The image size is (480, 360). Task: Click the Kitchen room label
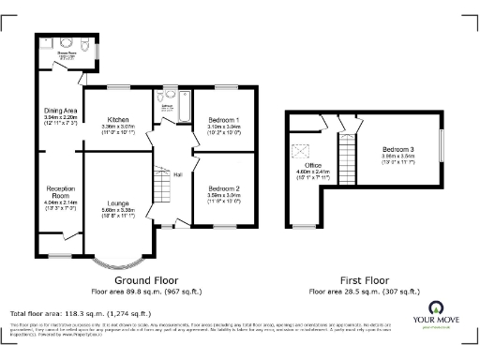(117, 120)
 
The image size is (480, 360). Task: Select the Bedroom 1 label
(223, 120)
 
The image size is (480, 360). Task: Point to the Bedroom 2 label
(223, 188)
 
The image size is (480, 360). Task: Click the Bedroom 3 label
(397, 150)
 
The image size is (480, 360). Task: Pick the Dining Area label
(60, 111)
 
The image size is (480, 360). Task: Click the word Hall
(175, 174)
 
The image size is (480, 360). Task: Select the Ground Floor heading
(146, 279)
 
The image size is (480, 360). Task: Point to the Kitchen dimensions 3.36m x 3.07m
(117, 128)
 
